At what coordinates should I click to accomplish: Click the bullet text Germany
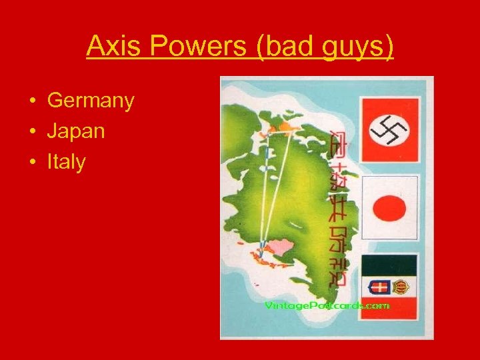(x=91, y=101)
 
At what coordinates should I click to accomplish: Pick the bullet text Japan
(x=76, y=131)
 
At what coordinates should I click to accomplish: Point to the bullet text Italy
(x=66, y=161)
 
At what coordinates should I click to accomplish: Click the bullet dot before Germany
(x=31, y=101)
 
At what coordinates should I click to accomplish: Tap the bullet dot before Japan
(x=31, y=131)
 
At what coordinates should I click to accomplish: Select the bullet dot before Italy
(x=31, y=161)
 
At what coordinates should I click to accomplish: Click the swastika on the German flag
(x=389, y=129)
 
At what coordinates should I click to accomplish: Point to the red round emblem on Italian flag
(x=401, y=287)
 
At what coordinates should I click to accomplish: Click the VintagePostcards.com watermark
(x=327, y=305)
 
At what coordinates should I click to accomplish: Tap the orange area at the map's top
(x=288, y=126)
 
